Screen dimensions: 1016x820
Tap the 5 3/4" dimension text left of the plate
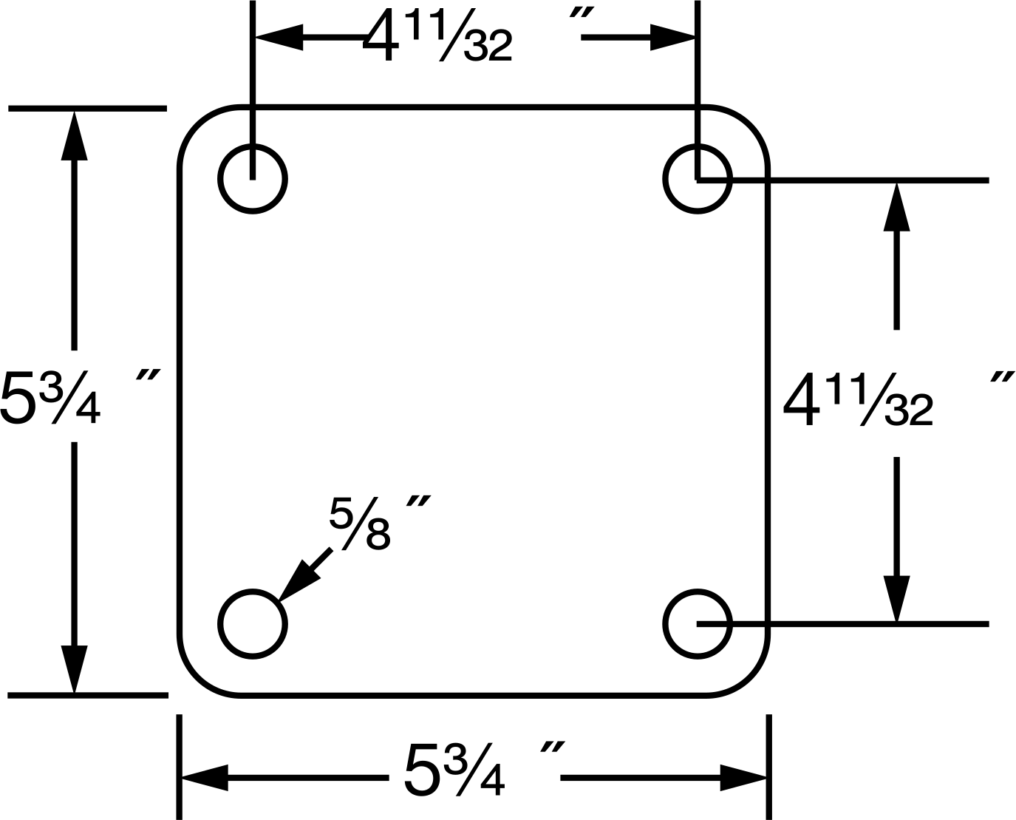81,396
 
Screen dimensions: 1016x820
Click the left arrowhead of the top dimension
279,37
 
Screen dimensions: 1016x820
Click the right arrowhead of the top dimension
672,37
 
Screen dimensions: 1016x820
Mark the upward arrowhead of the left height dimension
74,136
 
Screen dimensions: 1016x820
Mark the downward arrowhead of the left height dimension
74,669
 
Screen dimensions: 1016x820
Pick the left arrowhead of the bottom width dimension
205,777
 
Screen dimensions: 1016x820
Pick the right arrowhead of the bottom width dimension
743,777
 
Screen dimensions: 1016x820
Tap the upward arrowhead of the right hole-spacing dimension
896,207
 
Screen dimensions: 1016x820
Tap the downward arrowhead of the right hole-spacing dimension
896,599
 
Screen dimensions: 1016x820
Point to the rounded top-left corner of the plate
197,126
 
